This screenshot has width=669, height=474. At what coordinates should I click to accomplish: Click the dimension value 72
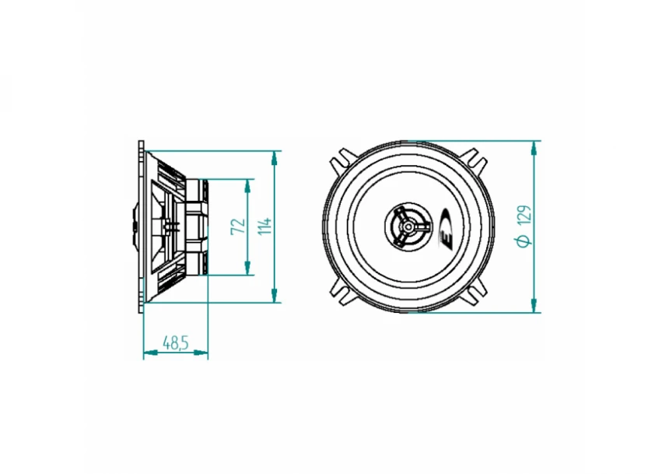click(238, 226)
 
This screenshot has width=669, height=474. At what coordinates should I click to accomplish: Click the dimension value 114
click(264, 226)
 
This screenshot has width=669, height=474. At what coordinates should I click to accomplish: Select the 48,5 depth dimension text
click(175, 342)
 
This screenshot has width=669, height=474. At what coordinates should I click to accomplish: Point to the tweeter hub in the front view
click(407, 226)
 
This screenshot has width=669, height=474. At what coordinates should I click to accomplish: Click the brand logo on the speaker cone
click(447, 227)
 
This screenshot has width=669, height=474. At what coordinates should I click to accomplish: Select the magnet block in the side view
click(198, 226)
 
